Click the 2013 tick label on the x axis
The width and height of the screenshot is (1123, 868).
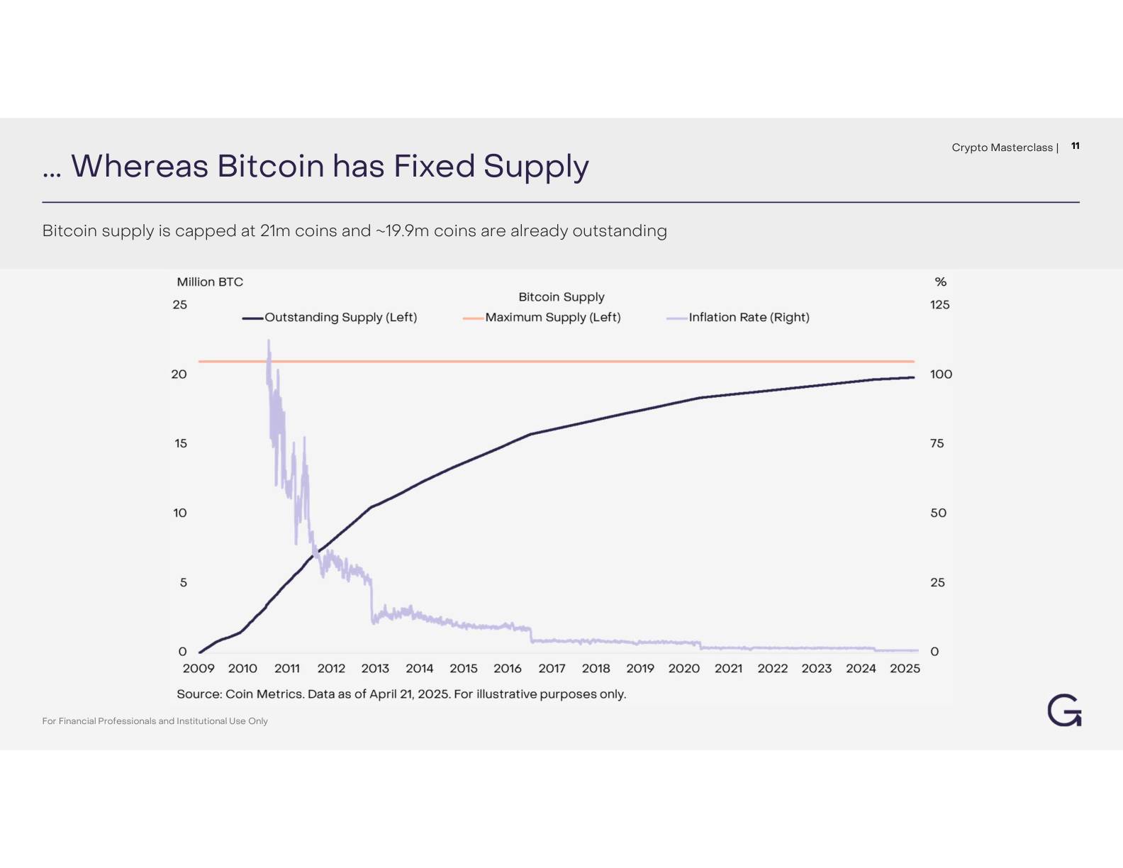coord(375,668)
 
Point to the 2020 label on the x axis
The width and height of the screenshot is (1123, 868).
coord(683,668)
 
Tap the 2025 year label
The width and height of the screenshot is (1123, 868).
coord(905,668)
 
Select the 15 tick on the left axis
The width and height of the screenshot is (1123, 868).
coord(181,443)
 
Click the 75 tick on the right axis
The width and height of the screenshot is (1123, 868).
coord(937,443)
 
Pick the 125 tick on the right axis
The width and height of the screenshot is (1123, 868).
coord(939,304)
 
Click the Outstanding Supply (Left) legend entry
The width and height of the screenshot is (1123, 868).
coord(340,317)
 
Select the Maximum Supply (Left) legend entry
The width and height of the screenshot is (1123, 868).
coord(552,317)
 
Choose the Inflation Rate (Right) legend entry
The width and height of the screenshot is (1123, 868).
coord(749,317)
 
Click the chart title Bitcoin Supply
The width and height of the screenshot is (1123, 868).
coord(561,296)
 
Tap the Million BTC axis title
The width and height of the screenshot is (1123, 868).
coord(210,282)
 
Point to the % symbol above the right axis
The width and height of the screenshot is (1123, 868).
coord(940,282)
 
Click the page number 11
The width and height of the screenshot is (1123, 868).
coord(1075,145)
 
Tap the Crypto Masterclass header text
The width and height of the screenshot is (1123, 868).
coord(1002,148)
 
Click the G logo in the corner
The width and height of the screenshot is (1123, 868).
coord(1064,711)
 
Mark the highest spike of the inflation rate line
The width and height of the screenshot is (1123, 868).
coord(269,341)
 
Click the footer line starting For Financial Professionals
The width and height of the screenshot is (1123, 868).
coord(155,720)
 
